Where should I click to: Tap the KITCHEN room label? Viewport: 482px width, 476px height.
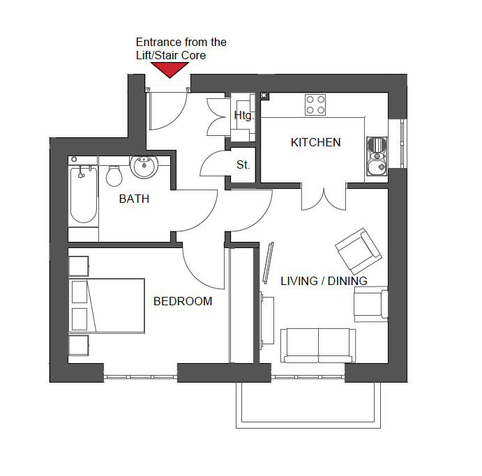tap(315, 142)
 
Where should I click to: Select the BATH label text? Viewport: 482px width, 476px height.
tap(134, 199)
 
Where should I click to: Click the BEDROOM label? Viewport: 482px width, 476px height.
tap(183, 301)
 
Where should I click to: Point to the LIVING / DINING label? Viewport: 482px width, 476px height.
tap(324, 281)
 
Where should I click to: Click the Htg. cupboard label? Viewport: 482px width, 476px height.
tap(243, 116)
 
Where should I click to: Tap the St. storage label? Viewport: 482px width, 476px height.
tap(243, 165)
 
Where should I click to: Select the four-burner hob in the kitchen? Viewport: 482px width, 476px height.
tap(315, 105)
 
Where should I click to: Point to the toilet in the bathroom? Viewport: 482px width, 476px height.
tap(114, 176)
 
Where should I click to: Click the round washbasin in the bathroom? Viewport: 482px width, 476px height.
tap(145, 167)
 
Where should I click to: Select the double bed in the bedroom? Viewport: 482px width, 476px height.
tap(106, 305)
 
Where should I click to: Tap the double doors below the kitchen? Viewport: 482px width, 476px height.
tap(323, 198)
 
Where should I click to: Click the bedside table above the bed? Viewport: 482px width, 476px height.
tap(78, 266)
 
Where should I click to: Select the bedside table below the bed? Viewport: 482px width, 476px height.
tap(78, 345)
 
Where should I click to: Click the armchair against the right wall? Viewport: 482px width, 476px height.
tap(370, 305)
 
